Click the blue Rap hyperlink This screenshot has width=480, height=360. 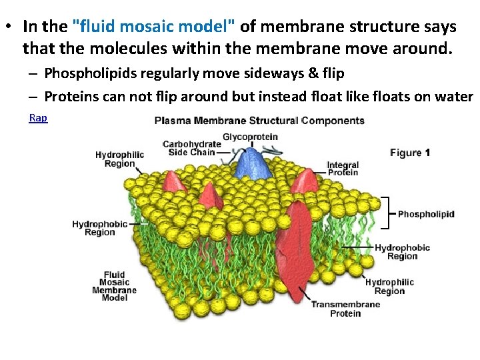(x=38, y=118)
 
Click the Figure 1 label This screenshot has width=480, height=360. (x=410, y=153)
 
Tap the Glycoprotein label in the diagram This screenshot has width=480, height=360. (x=250, y=137)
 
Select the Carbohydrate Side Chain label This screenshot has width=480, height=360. (x=191, y=148)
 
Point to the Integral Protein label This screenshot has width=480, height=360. (x=343, y=169)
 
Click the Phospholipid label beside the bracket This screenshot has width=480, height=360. (x=426, y=214)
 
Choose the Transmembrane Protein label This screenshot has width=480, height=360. (x=345, y=309)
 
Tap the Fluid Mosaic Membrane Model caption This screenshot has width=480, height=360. (x=114, y=286)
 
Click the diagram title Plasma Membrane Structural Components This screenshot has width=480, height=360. (x=259, y=121)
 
